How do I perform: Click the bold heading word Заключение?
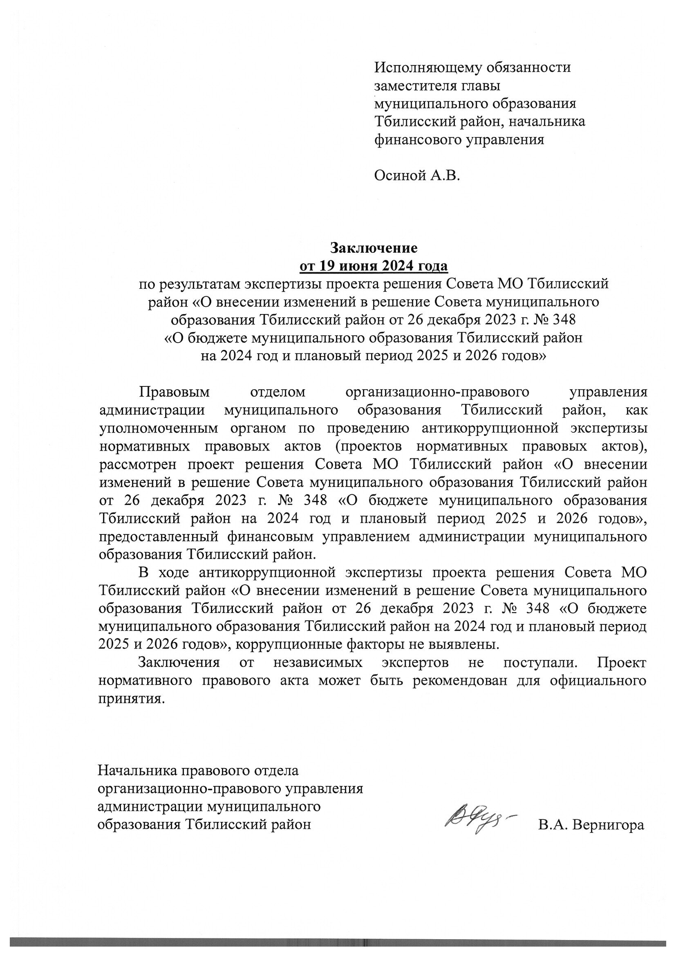374,248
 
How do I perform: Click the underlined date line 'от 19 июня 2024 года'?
374,266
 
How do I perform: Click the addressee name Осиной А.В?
417,176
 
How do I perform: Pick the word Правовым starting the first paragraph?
175,392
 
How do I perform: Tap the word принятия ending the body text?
129,699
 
